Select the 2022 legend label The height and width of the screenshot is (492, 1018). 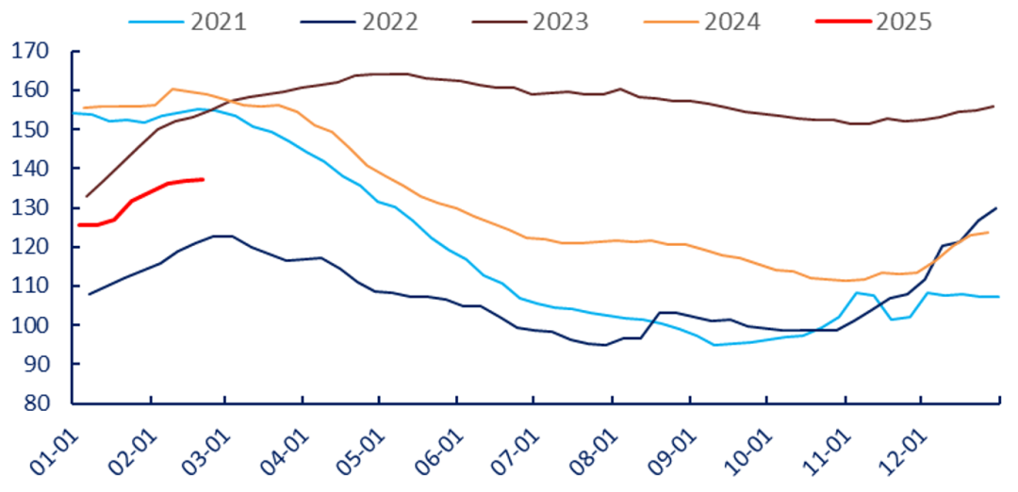[388, 22]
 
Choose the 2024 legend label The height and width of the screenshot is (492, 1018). [731, 22]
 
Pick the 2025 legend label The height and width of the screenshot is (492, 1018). [903, 22]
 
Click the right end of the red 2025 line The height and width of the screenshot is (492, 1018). [203, 179]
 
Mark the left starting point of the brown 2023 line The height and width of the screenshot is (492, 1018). [87, 196]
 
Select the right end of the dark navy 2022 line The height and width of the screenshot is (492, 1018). [997, 207]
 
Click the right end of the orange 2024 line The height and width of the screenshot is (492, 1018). [987, 232]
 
